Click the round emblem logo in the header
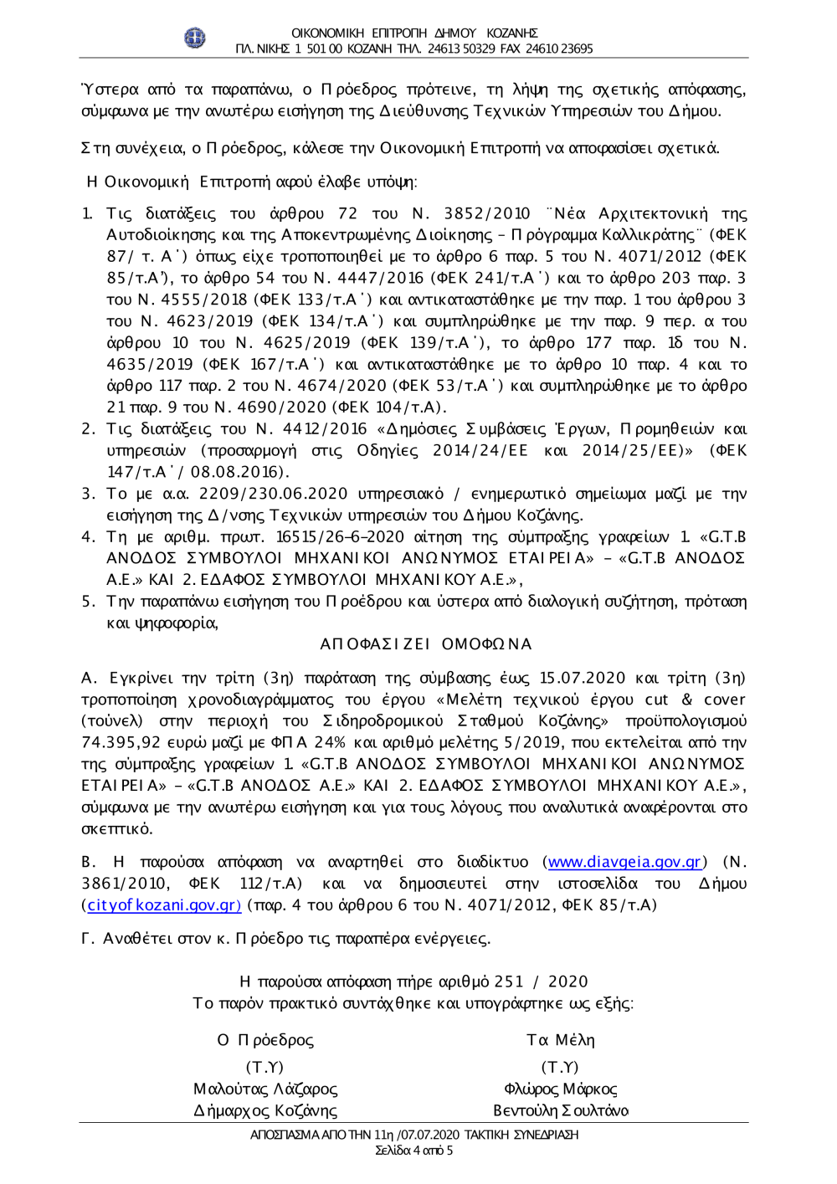click(x=194, y=38)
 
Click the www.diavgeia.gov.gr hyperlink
click(x=624, y=862)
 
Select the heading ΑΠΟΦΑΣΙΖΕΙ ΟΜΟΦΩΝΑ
click(x=426, y=644)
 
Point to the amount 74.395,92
click(x=121, y=742)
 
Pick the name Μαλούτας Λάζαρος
click(x=265, y=1089)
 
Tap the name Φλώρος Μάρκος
click(x=560, y=1089)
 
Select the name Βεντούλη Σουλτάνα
click(x=560, y=1110)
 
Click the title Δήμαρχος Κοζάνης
click(x=265, y=1110)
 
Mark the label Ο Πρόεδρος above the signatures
click(x=265, y=1040)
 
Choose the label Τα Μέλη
click(x=560, y=1040)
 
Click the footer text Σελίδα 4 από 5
click(x=414, y=1151)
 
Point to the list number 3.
click(x=88, y=494)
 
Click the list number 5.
click(x=88, y=601)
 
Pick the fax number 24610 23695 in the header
click(x=559, y=49)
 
